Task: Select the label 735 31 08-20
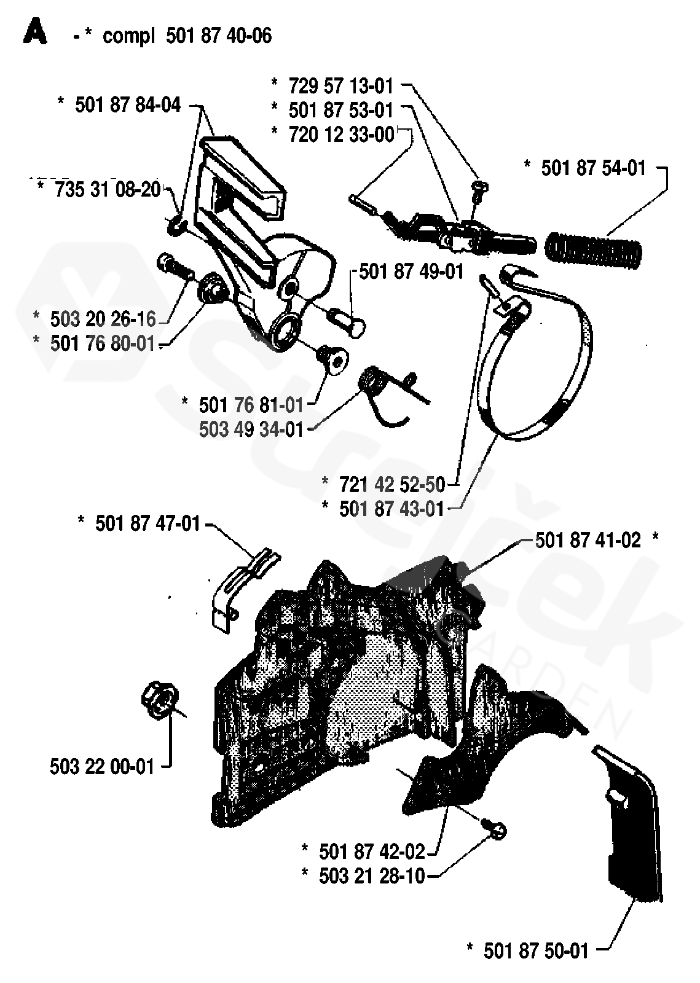click(108, 189)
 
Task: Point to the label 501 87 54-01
click(593, 167)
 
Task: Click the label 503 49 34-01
click(251, 428)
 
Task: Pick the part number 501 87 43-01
click(391, 509)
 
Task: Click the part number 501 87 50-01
click(536, 951)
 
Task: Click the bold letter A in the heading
click(35, 33)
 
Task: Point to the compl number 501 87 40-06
click(218, 36)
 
